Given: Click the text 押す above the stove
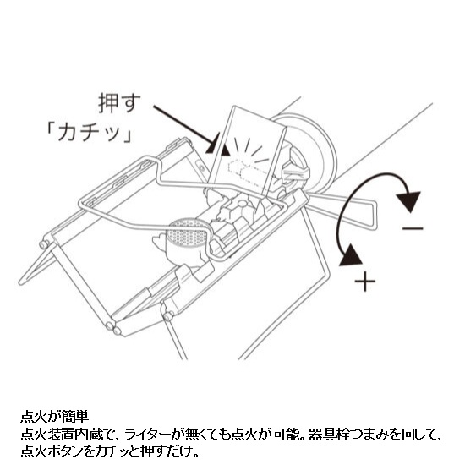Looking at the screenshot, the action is [x=119, y=103].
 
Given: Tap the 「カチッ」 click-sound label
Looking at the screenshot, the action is [x=89, y=133].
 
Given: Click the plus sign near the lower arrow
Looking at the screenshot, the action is [x=365, y=281].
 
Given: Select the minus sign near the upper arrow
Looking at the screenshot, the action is [x=413, y=228].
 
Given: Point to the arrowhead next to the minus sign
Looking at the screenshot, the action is [x=409, y=200].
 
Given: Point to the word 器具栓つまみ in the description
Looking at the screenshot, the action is [x=343, y=435].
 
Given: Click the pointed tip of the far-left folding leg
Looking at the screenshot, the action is [x=21, y=282].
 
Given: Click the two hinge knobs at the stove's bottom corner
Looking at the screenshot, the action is [x=112, y=328].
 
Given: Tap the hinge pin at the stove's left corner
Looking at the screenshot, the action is [x=44, y=244].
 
